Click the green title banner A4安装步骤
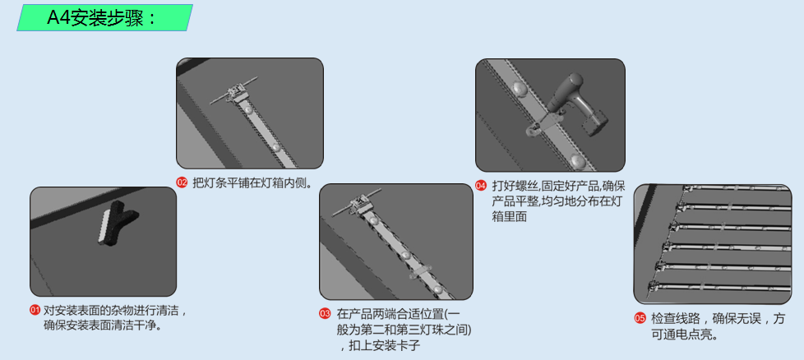click(104, 17)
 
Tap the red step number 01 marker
click(35, 311)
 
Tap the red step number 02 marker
click(182, 182)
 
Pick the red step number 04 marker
click(481, 186)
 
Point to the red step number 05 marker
click(640, 318)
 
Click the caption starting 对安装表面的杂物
click(115, 318)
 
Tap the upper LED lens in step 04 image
click(518, 88)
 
